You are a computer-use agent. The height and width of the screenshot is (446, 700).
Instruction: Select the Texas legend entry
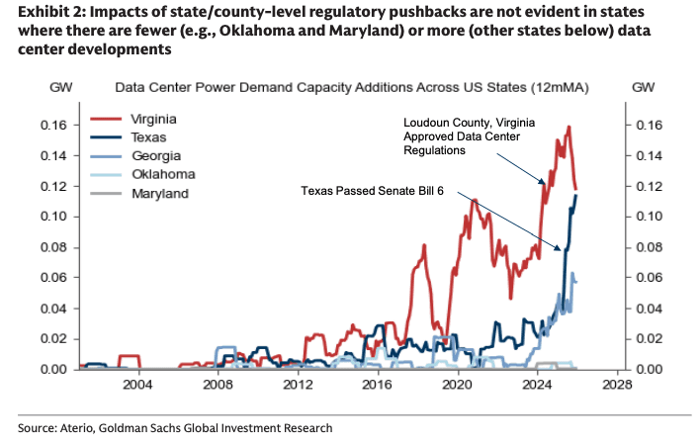click(x=148, y=137)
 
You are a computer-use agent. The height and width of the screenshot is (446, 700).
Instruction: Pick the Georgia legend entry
click(x=152, y=156)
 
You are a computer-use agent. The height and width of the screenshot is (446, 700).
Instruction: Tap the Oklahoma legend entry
click(x=157, y=174)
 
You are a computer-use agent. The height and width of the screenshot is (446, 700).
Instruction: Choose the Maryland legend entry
click(x=159, y=194)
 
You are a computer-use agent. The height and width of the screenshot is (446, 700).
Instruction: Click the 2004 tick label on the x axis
click(x=137, y=384)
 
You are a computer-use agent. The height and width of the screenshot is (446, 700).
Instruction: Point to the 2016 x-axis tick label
click(x=378, y=384)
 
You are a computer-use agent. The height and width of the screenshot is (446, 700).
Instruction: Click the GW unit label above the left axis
click(x=62, y=87)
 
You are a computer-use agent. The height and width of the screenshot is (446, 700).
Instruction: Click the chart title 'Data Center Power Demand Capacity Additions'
click(x=351, y=87)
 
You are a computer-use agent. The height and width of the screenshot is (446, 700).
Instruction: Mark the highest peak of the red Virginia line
click(x=569, y=127)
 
